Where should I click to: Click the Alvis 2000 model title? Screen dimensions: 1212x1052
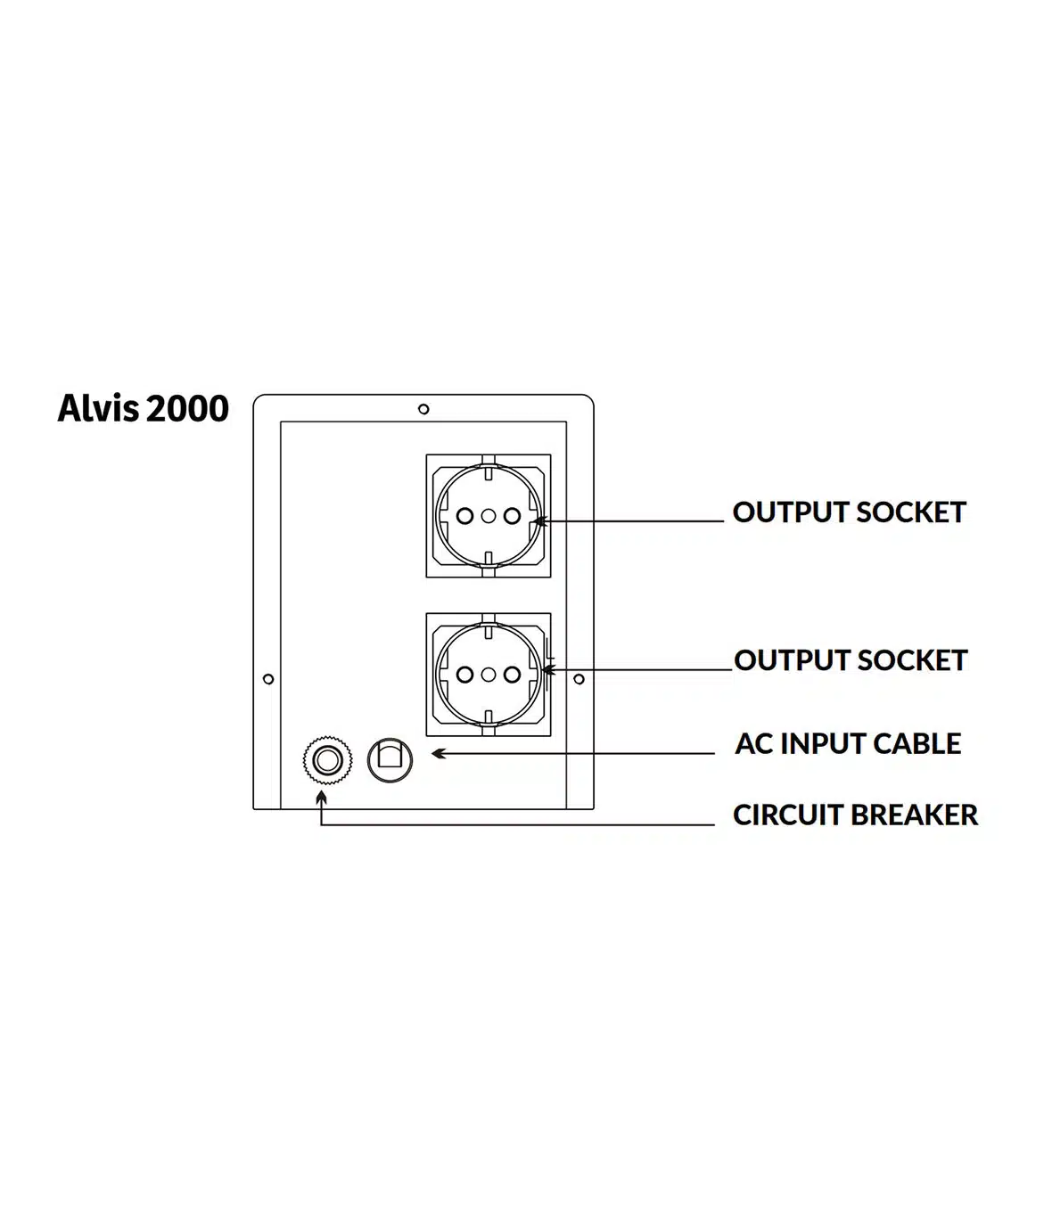(143, 409)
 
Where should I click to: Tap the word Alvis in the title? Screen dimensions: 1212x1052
(98, 409)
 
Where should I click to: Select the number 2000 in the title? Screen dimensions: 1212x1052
(187, 409)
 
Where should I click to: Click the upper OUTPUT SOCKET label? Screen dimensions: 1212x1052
(849, 512)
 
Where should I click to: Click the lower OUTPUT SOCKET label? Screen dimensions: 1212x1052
(851, 660)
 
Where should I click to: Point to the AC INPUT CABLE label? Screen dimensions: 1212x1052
(848, 743)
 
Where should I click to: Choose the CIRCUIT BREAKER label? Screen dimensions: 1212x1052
(855, 815)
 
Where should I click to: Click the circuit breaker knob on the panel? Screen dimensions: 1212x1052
(322, 761)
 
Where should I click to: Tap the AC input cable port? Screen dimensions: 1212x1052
(390, 759)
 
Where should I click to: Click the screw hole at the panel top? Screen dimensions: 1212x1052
(423, 409)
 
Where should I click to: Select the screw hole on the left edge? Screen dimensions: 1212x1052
(269, 679)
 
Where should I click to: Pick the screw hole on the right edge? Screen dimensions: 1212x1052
(579, 679)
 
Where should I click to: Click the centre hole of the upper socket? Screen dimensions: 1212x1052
(488, 515)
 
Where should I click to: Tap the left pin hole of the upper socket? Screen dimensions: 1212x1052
(464, 515)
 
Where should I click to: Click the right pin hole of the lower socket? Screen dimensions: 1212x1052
(511, 674)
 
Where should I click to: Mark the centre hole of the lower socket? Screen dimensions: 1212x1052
(488, 674)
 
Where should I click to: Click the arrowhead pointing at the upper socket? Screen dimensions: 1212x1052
(535, 520)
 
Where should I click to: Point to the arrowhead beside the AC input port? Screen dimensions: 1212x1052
(438, 754)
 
